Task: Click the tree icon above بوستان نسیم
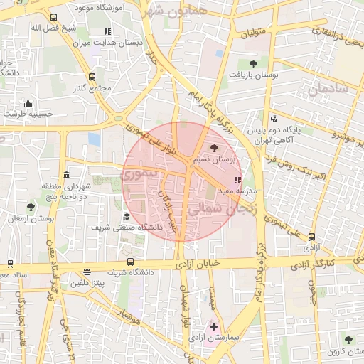pos(215,147)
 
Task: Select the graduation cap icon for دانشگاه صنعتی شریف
pos(127,217)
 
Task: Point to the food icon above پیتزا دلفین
pos(87,272)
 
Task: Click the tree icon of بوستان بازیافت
pos(253,63)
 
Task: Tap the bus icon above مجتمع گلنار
pos(92,77)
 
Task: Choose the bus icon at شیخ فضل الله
pos(53,18)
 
